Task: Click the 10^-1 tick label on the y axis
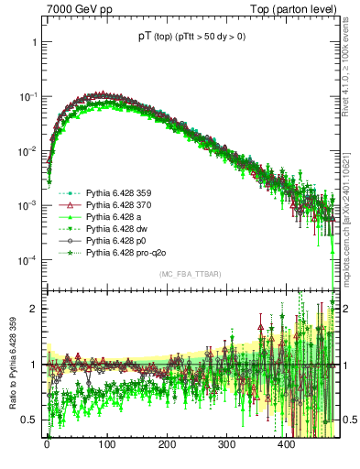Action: tap(26, 97)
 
